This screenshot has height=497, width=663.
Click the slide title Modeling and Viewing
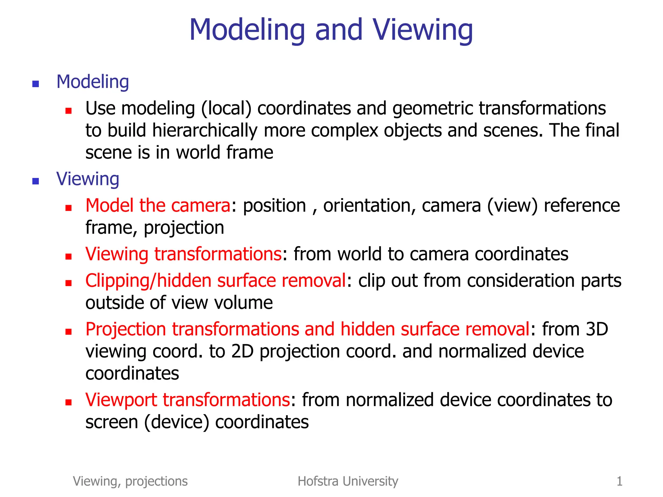tap(331, 30)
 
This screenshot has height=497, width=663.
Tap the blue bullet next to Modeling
tap(36, 84)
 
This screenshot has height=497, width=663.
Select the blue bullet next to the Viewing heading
tap(36, 181)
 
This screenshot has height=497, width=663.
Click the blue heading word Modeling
tap(93, 82)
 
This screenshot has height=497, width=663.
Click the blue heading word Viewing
tap(88, 179)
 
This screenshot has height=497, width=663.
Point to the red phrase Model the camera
tap(158, 205)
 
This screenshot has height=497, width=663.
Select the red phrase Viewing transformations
tap(184, 254)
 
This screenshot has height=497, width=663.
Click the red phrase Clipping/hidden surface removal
tap(216, 281)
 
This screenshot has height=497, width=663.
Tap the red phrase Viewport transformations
tap(188, 400)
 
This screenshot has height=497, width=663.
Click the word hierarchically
tap(205, 130)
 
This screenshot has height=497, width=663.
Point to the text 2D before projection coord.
tap(242, 351)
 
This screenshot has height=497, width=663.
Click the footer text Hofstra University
tap(348, 481)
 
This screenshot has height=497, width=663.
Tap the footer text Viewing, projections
tap(130, 481)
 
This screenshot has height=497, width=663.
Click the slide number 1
tap(619, 481)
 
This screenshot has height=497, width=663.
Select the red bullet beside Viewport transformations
tap(68, 403)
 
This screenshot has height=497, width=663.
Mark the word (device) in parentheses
tap(177, 422)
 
